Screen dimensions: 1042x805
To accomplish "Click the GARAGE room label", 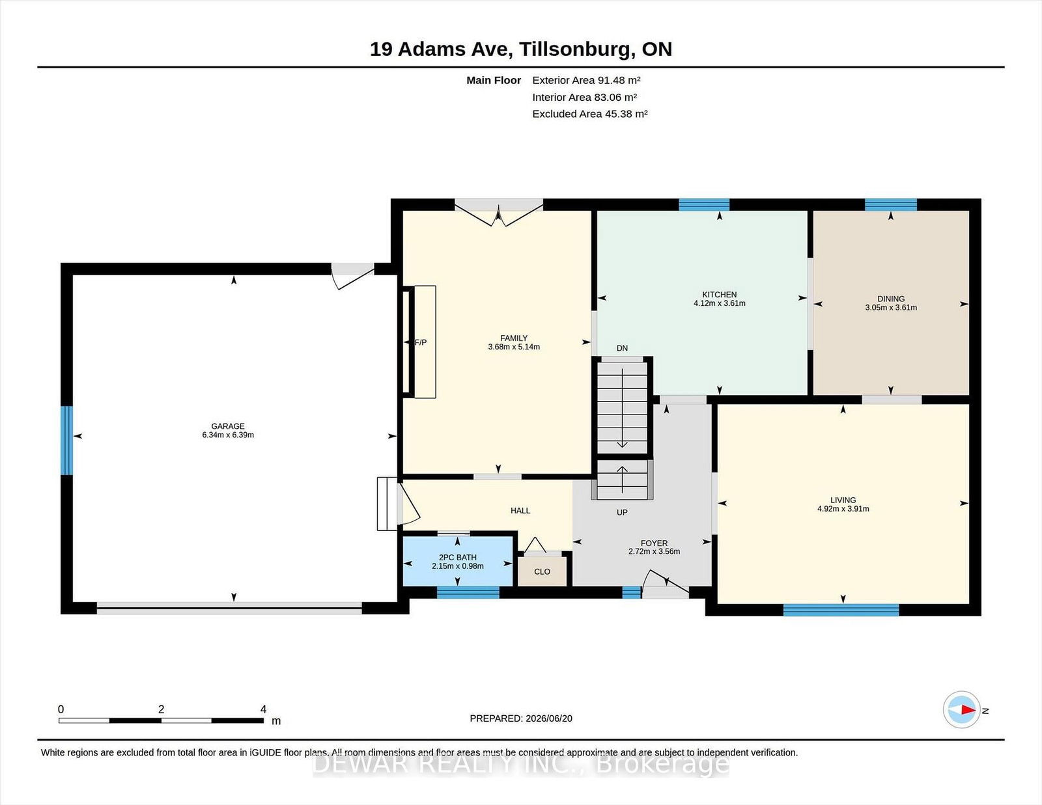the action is tap(228, 426).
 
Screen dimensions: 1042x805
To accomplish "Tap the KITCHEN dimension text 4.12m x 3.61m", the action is tap(719, 303).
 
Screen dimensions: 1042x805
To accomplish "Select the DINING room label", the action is tap(891, 299).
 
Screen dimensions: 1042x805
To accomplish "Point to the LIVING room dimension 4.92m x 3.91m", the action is tap(843, 509).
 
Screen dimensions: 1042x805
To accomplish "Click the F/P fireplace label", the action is tap(421, 342).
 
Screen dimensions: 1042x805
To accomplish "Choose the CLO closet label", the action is tap(542, 571).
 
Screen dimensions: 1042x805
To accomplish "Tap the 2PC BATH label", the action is tap(457, 557).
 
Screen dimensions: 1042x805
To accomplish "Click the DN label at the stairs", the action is tap(622, 348).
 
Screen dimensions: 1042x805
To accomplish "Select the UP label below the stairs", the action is tap(622, 512).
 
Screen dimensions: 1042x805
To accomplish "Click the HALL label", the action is tap(520, 511).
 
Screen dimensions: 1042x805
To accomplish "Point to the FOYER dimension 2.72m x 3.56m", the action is tap(654, 551).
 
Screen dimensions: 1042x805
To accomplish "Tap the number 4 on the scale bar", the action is tap(263, 709).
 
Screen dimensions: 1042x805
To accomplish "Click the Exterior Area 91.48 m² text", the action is tap(587, 81).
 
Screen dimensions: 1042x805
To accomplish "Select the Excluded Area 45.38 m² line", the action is tap(590, 114).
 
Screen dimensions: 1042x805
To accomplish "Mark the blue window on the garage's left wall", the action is tap(66, 441).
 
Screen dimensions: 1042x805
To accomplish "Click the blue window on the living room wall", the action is tap(841, 610).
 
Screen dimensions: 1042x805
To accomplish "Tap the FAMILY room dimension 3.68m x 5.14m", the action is tap(514, 347).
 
